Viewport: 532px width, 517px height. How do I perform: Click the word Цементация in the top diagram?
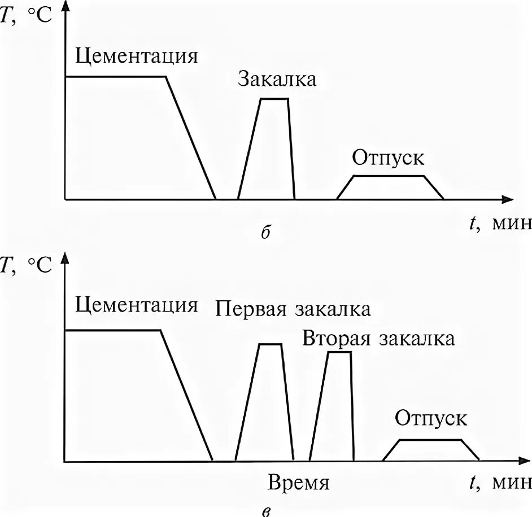click(x=137, y=57)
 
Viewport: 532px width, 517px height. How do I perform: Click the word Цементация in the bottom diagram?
click(x=137, y=305)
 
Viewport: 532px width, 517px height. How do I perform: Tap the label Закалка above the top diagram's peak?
click(x=277, y=79)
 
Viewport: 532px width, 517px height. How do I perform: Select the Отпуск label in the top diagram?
click(x=388, y=157)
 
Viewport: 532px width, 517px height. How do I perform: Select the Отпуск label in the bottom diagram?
click(x=431, y=419)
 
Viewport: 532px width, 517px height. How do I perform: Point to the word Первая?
click(x=250, y=309)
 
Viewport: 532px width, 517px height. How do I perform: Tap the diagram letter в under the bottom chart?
click(x=267, y=511)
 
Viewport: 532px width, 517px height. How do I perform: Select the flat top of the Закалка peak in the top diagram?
click(x=274, y=99)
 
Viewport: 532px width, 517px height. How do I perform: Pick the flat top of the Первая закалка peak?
click(x=270, y=344)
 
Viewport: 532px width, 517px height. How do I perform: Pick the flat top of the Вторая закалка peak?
click(x=339, y=352)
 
